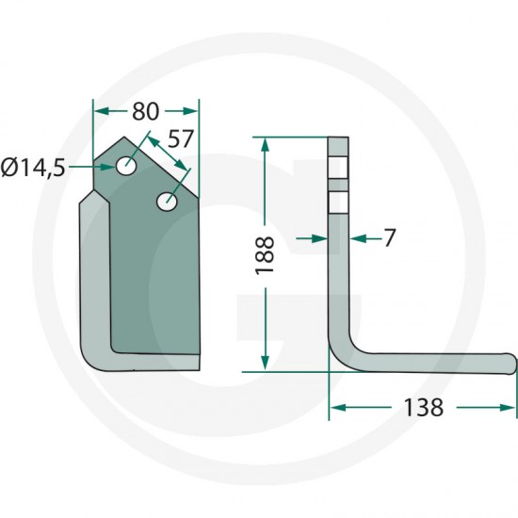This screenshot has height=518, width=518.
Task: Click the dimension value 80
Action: click(146, 111)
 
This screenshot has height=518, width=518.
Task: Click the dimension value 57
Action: click(181, 138)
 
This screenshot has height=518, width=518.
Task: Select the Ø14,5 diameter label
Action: click(33, 168)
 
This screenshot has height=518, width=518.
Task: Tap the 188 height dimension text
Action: click(265, 254)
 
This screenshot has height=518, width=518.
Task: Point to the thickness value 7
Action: click(390, 237)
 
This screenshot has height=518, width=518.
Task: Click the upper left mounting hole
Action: click(126, 166)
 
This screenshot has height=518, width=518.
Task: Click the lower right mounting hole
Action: click(167, 201)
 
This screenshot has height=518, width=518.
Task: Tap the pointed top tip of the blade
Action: click(124, 137)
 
